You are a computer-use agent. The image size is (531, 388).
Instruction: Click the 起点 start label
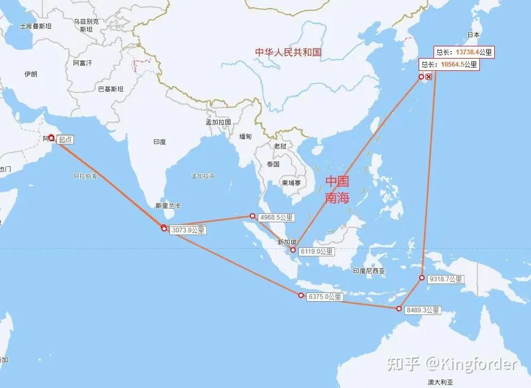pyautogui.click(x=65, y=140)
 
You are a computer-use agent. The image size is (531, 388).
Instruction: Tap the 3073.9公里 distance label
pyautogui.click(x=188, y=230)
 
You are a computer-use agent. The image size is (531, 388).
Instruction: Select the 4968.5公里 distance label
pyautogui.click(x=276, y=217)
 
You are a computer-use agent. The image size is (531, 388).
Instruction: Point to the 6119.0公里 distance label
pyautogui.click(x=316, y=252)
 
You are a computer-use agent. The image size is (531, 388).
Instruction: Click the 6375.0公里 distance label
pyautogui.click(x=324, y=297)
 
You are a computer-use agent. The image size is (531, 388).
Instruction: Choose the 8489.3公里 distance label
pyautogui.click(x=423, y=310)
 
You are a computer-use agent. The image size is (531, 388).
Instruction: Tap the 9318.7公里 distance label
pyautogui.click(x=446, y=279)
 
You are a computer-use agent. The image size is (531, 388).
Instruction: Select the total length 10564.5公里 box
pyautogui.click(x=449, y=64)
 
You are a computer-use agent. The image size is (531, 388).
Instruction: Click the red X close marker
pyautogui.click(x=429, y=77)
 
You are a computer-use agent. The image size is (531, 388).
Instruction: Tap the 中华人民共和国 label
pyautogui.click(x=288, y=52)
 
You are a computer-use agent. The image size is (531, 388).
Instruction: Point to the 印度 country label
pyautogui.click(x=159, y=142)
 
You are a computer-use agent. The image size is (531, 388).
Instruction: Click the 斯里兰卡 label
pyautogui.click(x=168, y=206)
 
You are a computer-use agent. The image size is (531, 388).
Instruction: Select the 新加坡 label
pyautogui.click(x=287, y=242)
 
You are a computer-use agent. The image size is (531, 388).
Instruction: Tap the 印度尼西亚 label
pyautogui.click(x=369, y=271)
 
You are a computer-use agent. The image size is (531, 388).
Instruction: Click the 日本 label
pyautogui.click(x=473, y=35)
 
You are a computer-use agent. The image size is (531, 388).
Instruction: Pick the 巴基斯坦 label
pyautogui.click(x=110, y=89)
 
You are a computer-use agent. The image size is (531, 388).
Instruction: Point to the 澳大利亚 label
pyautogui.click(x=440, y=382)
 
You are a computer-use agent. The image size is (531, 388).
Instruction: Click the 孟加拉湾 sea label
pyautogui.click(x=202, y=176)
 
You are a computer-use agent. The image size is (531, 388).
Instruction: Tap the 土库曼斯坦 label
pyautogui.click(x=36, y=26)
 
